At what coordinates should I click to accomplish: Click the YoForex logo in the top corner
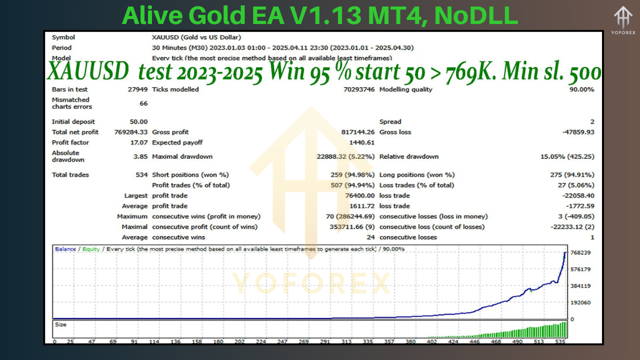click(623, 21)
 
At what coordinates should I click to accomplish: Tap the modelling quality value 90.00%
click(580, 89)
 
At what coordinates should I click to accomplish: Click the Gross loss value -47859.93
click(578, 132)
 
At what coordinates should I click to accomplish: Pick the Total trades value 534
click(142, 174)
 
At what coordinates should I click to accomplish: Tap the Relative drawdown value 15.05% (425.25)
click(567, 156)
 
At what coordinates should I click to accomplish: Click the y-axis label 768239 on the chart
click(580, 253)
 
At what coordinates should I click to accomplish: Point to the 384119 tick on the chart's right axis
click(580, 286)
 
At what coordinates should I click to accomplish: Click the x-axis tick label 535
click(561, 342)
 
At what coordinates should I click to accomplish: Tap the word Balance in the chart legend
click(65, 249)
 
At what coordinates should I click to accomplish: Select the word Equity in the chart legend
click(91, 249)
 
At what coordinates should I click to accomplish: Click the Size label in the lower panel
click(60, 325)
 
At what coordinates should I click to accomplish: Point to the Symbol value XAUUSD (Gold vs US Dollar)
click(196, 37)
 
